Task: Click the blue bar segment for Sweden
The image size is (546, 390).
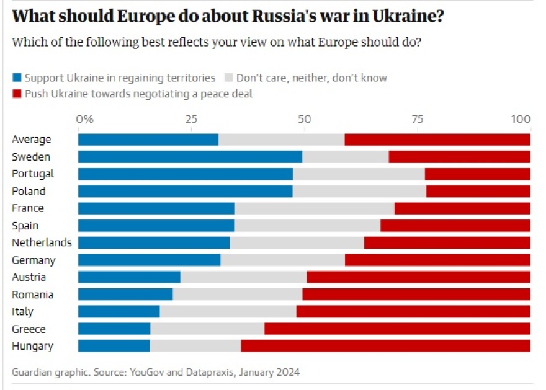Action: [x=190, y=157]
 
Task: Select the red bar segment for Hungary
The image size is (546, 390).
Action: [x=385, y=346]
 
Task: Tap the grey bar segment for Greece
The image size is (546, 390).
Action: [x=207, y=329]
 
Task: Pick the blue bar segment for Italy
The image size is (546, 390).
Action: [x=119, y=311]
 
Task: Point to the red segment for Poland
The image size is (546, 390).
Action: [x=478, y=191]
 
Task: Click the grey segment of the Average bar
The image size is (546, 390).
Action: [x=281, y=140]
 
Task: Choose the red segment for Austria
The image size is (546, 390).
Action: [x=418, y=277]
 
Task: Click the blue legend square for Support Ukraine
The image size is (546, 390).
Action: [x=17, y=78]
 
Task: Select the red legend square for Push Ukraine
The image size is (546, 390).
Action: [x=17, y=94]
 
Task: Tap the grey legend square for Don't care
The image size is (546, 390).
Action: [x=228, y=78]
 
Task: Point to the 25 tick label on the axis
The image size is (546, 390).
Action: [x=192, y=118]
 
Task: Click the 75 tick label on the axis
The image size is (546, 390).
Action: [x=419, y=118]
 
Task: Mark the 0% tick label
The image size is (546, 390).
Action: [x=84, y=118]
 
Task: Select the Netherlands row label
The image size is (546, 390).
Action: [x=42, y=242]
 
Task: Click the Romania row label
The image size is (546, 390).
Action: [x=32, y=295]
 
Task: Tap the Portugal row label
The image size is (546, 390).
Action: [x=33, y=174]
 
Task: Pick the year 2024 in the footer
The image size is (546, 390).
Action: [x=288, y=372]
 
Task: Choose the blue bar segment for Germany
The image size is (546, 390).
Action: [x=149, y=260]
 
